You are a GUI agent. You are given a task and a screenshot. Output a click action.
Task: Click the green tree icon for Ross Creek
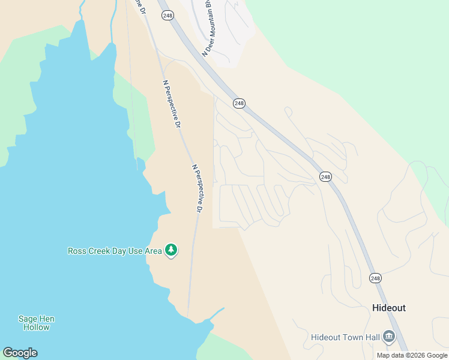(x=171, y=250)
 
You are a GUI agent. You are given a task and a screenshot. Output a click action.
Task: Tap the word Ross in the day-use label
(x=77, y=251)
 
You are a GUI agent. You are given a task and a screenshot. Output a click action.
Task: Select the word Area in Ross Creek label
(x=154, y=251)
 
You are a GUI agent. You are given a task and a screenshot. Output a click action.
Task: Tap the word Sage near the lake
(x=28, y=319)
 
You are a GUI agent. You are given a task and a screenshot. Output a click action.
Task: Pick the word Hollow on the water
(x=37, y=328)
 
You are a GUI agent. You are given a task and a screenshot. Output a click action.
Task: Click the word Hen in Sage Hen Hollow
(x=47, y=319)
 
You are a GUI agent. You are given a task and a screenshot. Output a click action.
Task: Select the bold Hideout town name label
(x=388, y=308)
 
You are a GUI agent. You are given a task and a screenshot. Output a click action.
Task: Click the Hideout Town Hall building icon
(x=389, y=337)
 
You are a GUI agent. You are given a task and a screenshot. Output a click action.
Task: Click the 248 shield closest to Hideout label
(x=375, y=278)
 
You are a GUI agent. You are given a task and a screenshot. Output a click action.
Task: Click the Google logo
(x=20, y=353)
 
